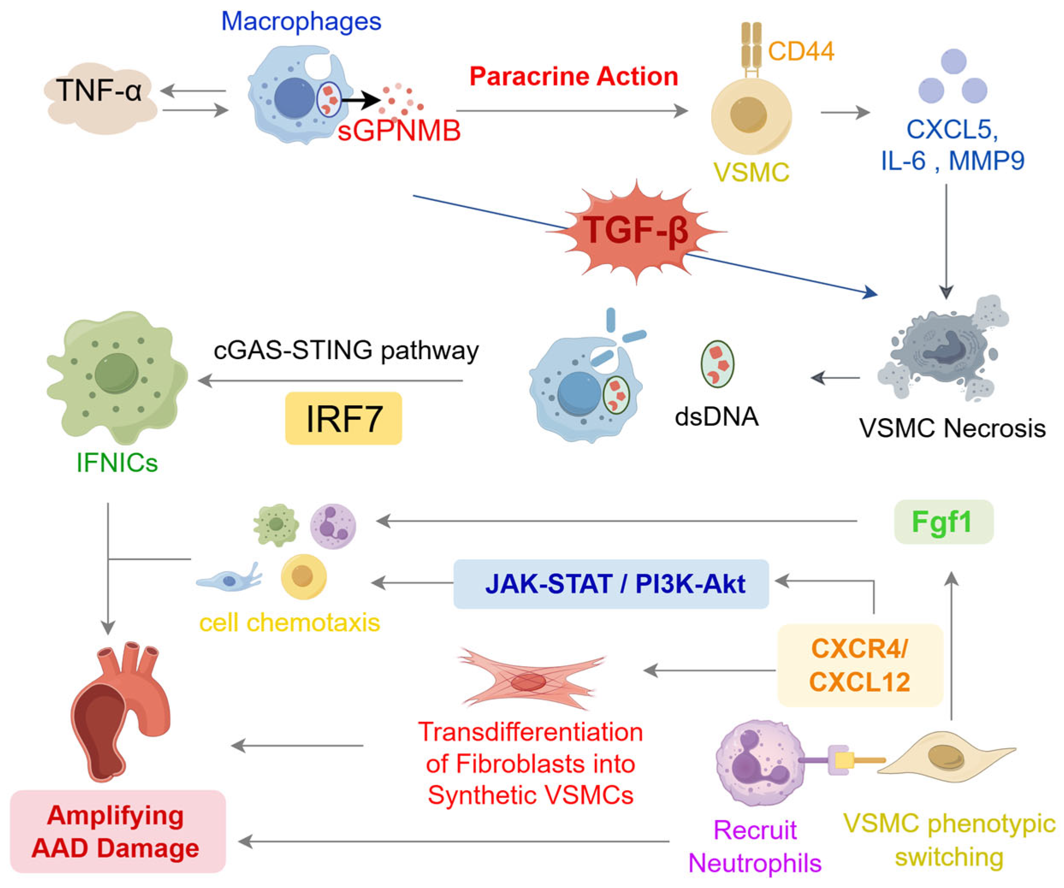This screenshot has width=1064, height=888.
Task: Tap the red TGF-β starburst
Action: (x=636, y=231)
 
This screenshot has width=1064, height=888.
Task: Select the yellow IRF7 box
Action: (x=343, y=419)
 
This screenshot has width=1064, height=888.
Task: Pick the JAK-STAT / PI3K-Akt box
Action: (x=611, y=584)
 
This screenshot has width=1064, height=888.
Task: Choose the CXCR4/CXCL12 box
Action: (x=860, y=665)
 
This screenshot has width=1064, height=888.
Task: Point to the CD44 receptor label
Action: (x=801, y=51)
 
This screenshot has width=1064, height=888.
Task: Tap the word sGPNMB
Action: (x=399, y=131)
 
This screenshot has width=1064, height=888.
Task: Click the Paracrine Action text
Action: (x=574, y=77)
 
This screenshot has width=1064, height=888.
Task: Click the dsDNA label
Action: (x=716, y=417)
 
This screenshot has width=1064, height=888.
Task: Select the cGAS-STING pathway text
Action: (x=346, y=351)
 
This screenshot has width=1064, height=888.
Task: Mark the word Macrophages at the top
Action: (x=301, y=21)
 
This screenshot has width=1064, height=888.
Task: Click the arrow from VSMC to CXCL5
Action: (x=845, y=112)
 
